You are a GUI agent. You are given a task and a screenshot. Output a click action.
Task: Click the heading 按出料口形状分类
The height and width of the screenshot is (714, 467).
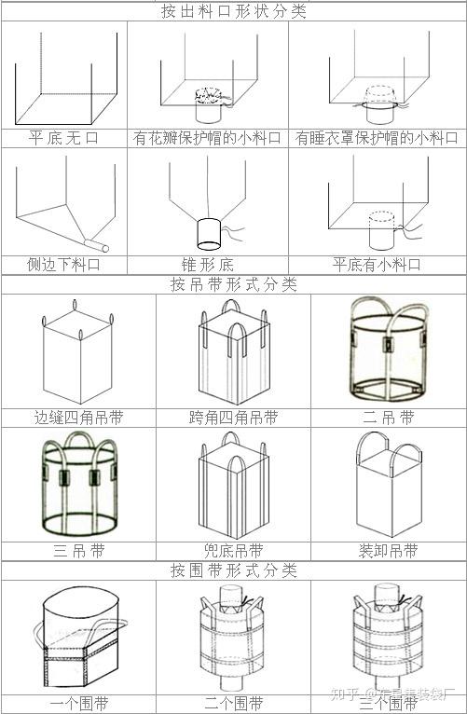(x=233, y=11)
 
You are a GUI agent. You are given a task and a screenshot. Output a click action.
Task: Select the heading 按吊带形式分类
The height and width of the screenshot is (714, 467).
(x=233, y=284)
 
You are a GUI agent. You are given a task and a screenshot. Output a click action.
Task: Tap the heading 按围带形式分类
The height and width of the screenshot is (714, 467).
(x=233, y=569)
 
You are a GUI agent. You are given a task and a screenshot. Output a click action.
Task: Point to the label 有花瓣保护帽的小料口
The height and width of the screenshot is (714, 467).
(x=207, y=137)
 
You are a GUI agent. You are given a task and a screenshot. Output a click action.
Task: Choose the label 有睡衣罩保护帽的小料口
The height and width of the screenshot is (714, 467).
(x=377, y=137)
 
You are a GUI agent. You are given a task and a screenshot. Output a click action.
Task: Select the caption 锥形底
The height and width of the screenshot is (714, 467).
(x=207, y=264)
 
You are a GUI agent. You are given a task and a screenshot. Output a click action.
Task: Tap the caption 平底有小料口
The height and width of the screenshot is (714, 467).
(x=377, y=264)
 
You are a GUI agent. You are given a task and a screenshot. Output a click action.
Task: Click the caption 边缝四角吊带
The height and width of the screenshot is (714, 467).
(x=78, y=417)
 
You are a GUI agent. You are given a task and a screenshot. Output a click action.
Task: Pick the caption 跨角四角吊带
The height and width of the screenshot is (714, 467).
(x=233, y=417)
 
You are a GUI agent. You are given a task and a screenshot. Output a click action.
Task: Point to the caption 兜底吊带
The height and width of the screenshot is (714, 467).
(x=233, y=550)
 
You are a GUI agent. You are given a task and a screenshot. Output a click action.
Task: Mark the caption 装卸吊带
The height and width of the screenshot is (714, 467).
(x=389, y=550)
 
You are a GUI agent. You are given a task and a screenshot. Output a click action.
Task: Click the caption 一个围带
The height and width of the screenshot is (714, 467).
(x=78, y=702)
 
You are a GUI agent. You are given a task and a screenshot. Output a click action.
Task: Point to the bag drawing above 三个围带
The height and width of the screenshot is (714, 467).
(x=389, y=638)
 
